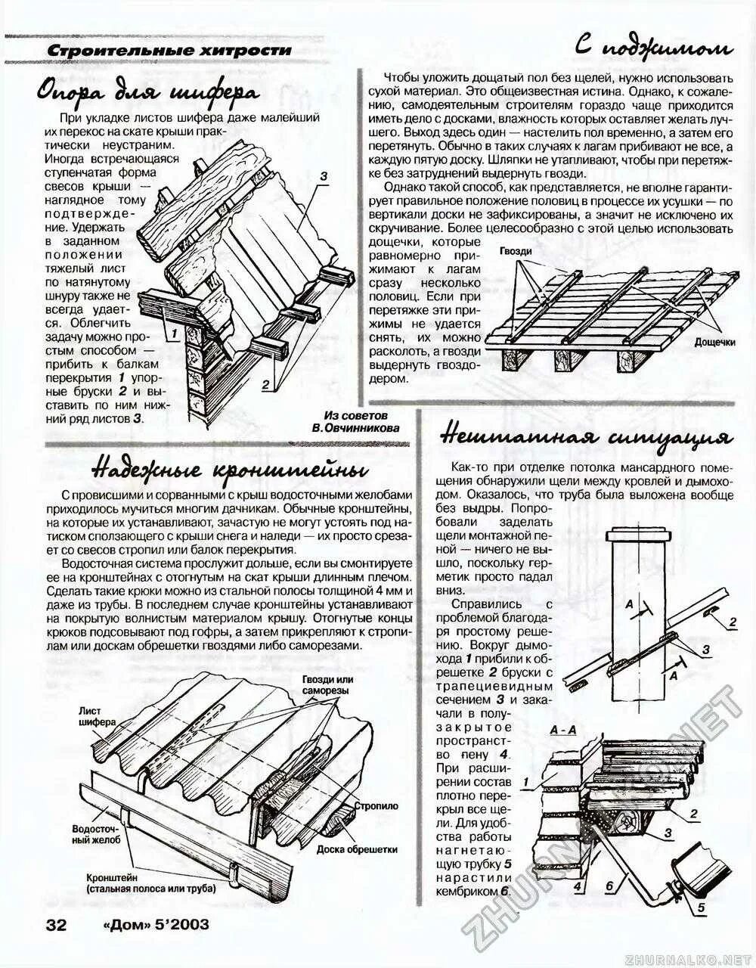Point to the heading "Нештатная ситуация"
coord(585,439)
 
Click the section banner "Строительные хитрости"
coord(169,50)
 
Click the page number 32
coord(57,925)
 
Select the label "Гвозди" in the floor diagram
coord(516,251)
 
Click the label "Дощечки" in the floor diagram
coord(714,342)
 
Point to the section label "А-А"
coord(563,730)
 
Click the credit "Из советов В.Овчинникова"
coord(356,422)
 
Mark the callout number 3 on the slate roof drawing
coord(323,177)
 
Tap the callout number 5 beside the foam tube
coord(701,908)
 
